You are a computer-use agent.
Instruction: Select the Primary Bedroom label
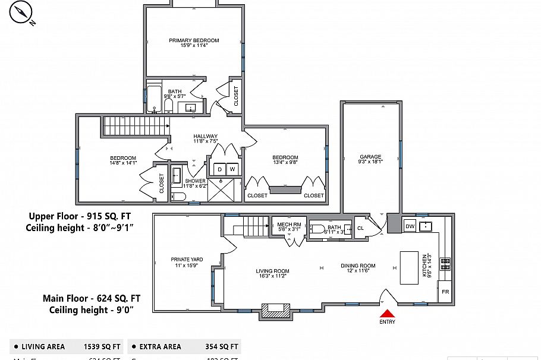point(194,40)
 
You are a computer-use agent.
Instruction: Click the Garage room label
point(370,157)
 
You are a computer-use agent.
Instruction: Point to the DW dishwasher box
point(410,226)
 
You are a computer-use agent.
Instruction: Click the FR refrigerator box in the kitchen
point(445,292)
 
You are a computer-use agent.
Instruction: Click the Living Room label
point(272,271)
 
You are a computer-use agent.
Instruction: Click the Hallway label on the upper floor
point(206,136)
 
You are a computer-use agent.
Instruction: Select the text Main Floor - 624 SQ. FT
point(91,298)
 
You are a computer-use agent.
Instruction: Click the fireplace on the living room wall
point(275,311)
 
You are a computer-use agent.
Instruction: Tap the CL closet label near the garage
point(360,228)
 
